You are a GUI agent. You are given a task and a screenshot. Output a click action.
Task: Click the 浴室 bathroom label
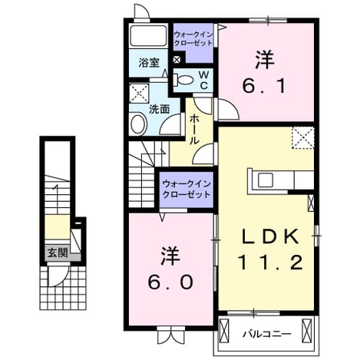pos(149,63)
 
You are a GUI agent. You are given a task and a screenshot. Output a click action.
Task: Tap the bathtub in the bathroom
pos(148,35)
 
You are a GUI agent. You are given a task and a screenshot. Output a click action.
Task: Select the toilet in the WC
pos(183,80)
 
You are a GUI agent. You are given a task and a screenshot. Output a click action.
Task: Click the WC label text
pos(204,80)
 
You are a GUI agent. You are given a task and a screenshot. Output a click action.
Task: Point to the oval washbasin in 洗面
pos(139,124)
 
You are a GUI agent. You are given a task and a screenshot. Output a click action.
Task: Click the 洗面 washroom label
pos(159,109)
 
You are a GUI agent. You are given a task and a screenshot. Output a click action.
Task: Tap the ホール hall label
pos(195,129)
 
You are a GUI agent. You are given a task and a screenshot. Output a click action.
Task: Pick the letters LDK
pos(271,236)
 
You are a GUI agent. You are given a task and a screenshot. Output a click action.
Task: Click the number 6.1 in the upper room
pos(264,86)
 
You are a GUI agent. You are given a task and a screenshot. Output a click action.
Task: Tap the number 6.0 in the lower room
pos(170,282)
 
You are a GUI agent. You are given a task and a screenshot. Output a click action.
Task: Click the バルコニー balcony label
pos(267,334)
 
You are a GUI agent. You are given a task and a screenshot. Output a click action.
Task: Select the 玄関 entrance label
pos(58,253)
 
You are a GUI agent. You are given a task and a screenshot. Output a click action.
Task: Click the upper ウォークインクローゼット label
pos(193,38)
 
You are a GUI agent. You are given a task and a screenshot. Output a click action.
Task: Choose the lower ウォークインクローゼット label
pos(187,190)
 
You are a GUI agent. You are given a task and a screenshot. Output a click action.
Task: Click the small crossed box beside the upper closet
pos(177,60)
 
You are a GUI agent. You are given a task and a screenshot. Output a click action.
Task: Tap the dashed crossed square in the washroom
pos(139,93)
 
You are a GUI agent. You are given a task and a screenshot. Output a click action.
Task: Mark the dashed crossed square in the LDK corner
pos(303,138)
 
